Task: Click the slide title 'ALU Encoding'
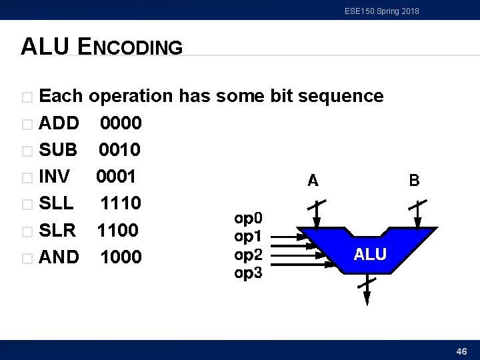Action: pos(101,47)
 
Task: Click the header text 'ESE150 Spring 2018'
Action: pos(382,11)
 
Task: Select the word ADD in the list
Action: pos(59,123)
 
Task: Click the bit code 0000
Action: pos(121,123)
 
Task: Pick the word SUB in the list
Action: pos(58,150)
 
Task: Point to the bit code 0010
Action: pos(121,150)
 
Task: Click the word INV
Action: pos(55,177)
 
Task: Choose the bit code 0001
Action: pos(117,177)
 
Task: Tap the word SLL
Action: pos(56,203)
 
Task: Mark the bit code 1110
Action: pos(121,203)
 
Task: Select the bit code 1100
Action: pos(117,230)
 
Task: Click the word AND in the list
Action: pos(59,257)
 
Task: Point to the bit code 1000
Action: pos(121,257)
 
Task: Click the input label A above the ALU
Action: pos(313,180)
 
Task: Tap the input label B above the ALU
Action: pos(414,180)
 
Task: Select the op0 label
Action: pos(249,218)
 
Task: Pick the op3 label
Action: pos(249,273)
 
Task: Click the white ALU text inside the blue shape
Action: pos(369,254)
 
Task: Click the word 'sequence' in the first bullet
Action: pos(341,96)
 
